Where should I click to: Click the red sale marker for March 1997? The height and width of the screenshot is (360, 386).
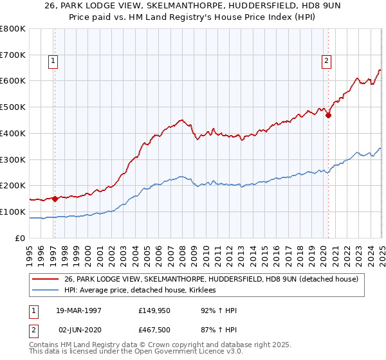pos(55,199)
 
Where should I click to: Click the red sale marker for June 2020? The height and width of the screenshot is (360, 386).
pos(328,116)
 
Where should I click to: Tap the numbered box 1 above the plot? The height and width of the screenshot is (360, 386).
pos(53,62)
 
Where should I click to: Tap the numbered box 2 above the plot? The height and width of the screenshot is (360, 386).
pos(326,62)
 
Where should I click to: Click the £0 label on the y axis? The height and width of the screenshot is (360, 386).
pos(20,238)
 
